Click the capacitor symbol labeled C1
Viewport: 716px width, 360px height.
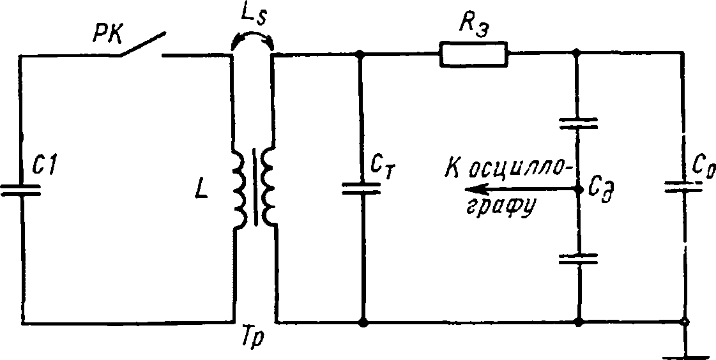[20, 190]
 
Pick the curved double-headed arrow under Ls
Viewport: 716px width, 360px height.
[253, 36]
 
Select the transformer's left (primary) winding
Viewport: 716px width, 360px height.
[240, 191]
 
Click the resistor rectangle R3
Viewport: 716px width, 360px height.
[473, 54]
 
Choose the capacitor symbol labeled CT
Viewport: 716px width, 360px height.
[362, 188]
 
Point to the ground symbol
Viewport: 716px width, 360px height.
[685, 351]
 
